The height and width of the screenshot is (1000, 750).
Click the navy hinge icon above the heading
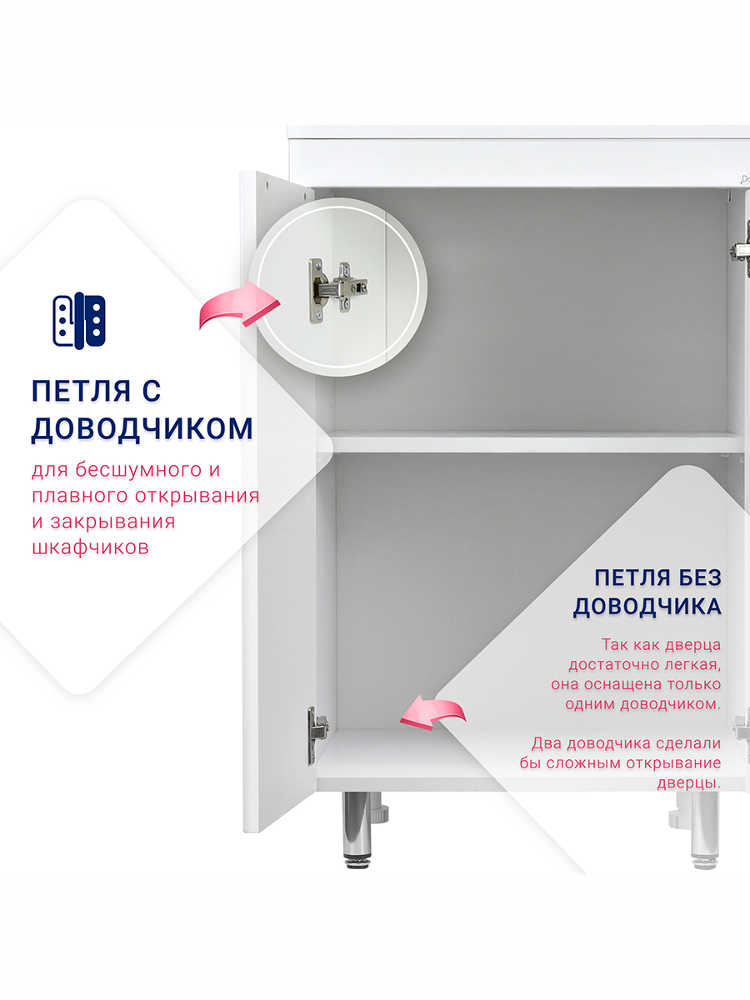click(x=79, y=320)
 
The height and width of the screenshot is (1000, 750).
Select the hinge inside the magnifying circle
click(x=337, y=291)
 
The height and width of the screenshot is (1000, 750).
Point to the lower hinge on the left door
click(x=317, y=735)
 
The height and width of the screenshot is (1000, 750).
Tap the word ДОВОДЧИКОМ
click(x=142, y=428)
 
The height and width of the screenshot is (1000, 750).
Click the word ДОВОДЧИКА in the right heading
click(x=647, y=607)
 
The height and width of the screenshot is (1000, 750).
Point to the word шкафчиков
click(x=90, y=547)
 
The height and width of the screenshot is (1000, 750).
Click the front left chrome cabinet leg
click(x=357, y=830)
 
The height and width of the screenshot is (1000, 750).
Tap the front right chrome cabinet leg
click(x=704, y=830)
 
